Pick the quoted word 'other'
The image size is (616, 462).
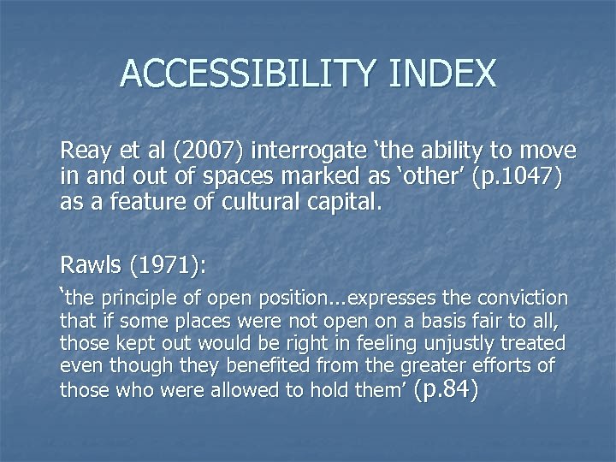click(405, 178)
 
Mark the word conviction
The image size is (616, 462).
click(523, 299)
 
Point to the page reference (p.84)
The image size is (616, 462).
click(444, 389)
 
